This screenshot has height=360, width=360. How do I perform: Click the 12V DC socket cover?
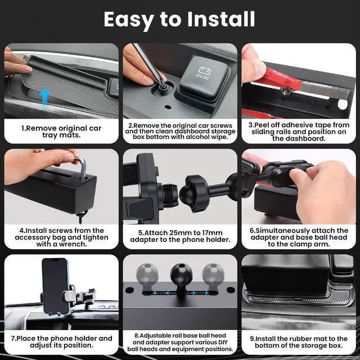[x=202, y=74]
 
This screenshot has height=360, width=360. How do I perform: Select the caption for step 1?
[x=62, y=132]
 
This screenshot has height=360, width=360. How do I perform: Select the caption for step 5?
[x=180, y=236]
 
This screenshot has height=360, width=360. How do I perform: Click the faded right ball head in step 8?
[x=213, y=275]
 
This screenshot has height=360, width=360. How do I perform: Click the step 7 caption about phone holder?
[x=62, y=342]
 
